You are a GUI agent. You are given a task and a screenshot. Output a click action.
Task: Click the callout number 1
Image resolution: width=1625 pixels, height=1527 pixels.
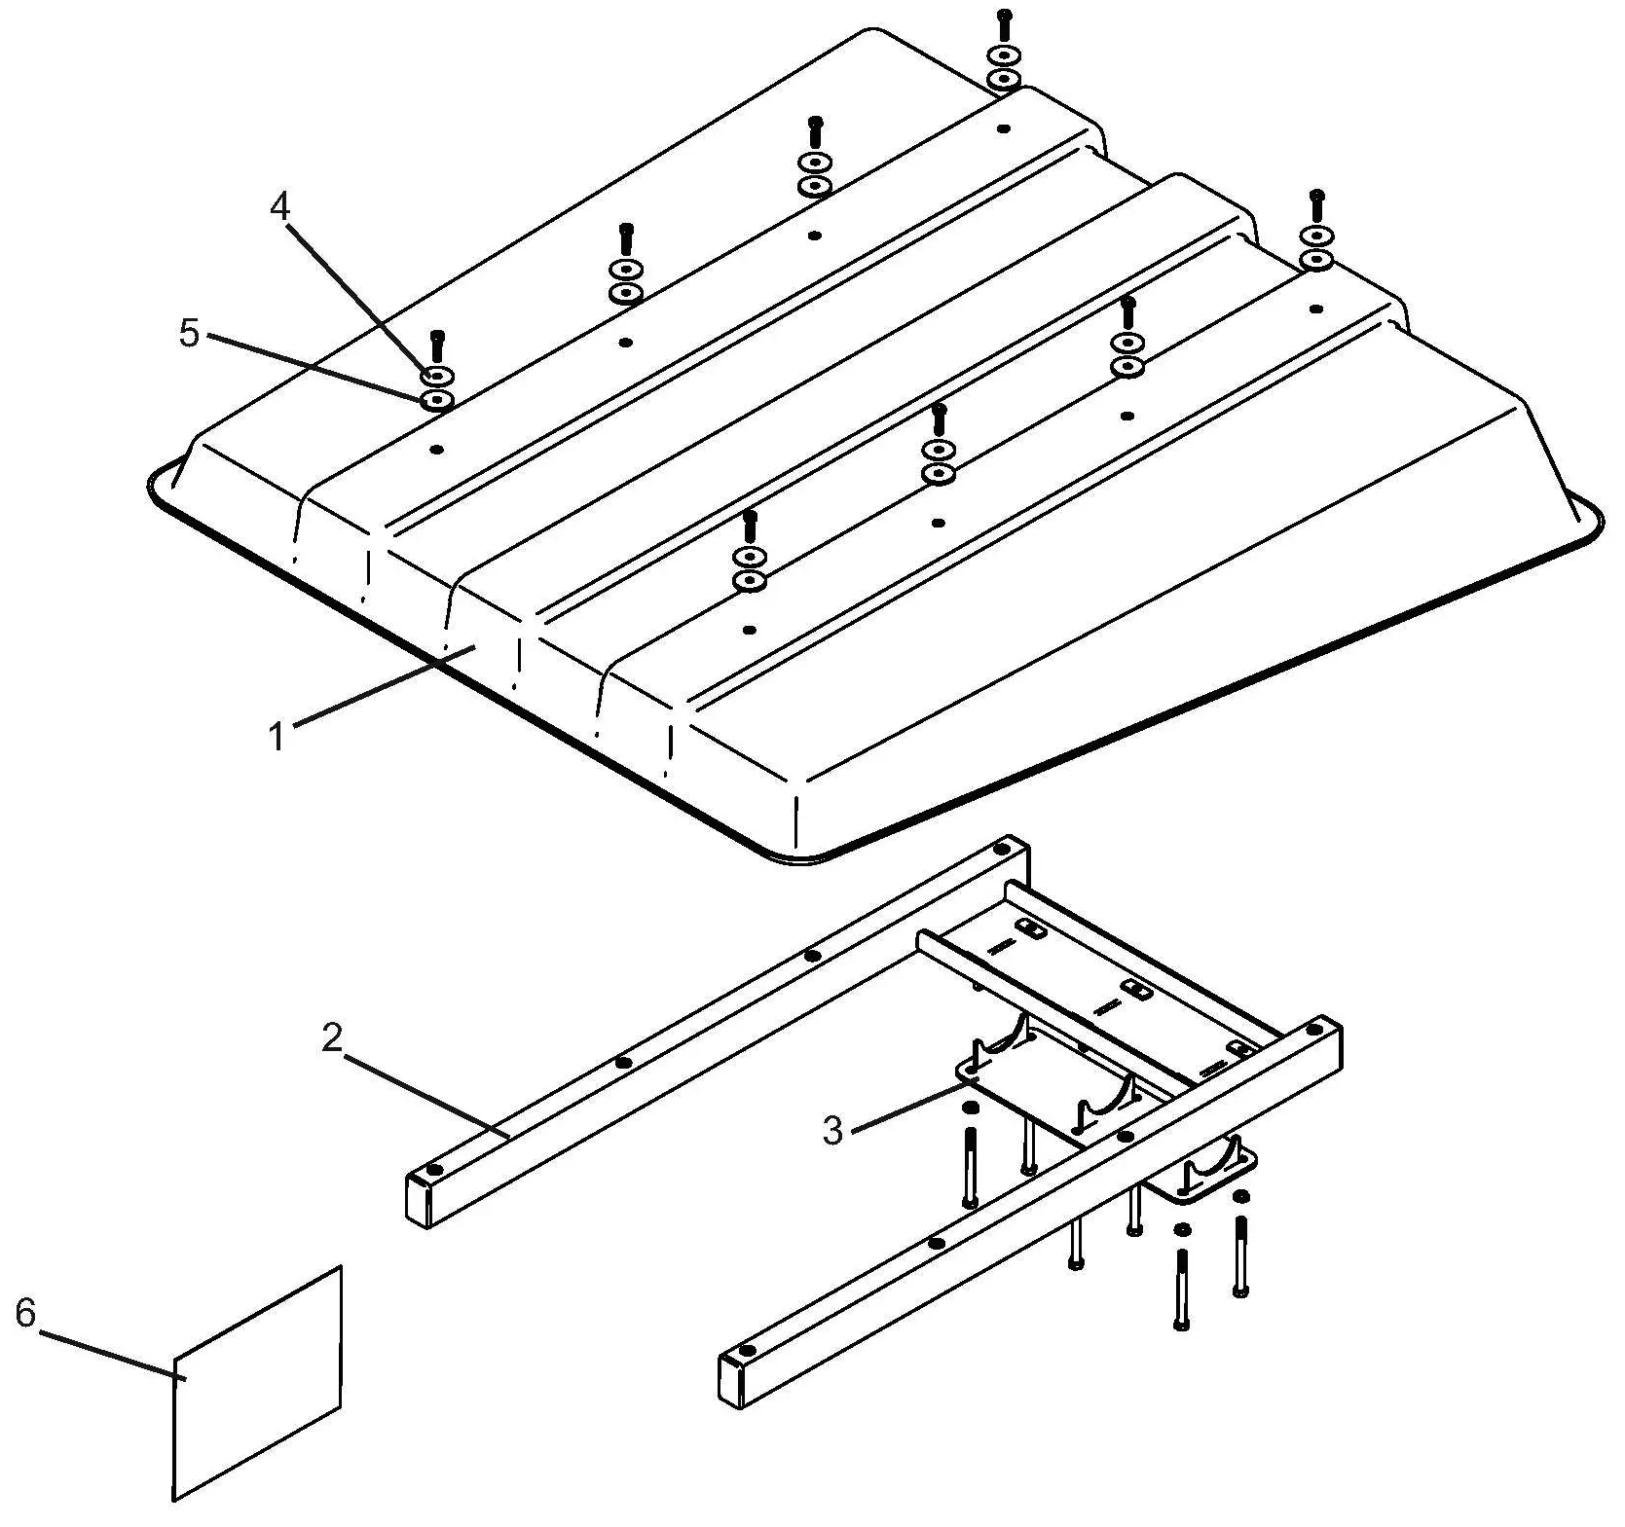click(277, 737)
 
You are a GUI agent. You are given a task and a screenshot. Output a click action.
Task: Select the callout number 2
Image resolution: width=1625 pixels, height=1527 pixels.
click(332, 1038)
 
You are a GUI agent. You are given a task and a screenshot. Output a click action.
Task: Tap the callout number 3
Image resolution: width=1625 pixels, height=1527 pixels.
click(832, 1130)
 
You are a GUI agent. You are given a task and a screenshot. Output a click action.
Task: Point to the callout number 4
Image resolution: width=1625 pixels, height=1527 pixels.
click(279, 206)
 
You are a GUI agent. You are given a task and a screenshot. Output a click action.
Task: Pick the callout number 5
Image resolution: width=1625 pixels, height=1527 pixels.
click(189, 333)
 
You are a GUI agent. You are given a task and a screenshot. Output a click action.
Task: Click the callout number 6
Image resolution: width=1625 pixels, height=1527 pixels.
click(25, 1313)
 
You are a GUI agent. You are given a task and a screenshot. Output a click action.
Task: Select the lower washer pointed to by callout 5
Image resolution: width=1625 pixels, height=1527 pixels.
click(437, 400)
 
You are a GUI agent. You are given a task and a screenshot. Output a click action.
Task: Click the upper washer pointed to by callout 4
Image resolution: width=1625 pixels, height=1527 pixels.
click(437, 376)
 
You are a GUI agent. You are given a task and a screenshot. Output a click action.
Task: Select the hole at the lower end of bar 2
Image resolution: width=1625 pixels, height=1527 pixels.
click(435, 1169)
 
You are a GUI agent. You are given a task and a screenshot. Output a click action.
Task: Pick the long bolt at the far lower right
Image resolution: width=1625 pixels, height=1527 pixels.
click(1239, 1255)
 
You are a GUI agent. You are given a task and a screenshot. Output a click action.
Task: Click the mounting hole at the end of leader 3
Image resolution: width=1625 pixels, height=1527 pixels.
click(969, 1072)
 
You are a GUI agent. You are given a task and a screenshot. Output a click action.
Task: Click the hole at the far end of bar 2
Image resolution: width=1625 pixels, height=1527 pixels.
click(1002, 850)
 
